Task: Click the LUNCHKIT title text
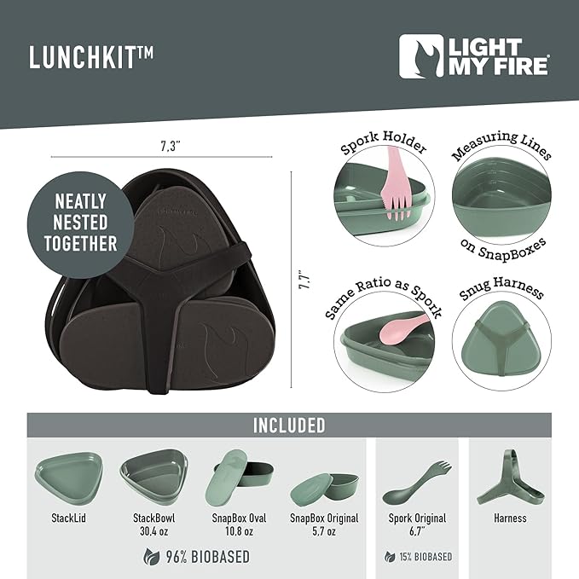coord(91,57)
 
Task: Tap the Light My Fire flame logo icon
coord(421,56)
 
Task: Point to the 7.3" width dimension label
coord(170,147)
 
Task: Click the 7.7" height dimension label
coord(305,281)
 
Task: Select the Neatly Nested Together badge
coord(80,224)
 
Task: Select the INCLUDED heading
coord(289,425)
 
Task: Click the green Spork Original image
coord(417,483)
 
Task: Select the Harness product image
coord(510,479)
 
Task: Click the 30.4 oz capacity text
coord(154,531)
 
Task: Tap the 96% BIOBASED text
coord(208,557)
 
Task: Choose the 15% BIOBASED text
coord(426,557)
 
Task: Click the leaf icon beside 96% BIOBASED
coord(152,557)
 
